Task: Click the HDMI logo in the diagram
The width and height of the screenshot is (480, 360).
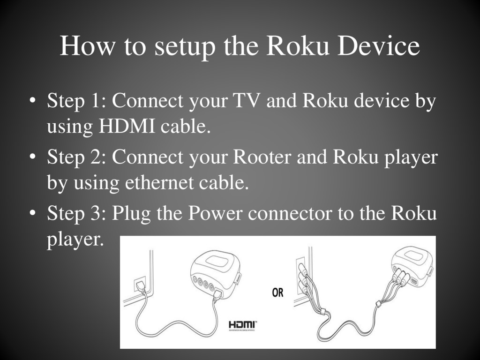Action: pos(243,324)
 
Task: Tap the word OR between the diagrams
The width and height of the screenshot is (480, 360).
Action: pos(278,293)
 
